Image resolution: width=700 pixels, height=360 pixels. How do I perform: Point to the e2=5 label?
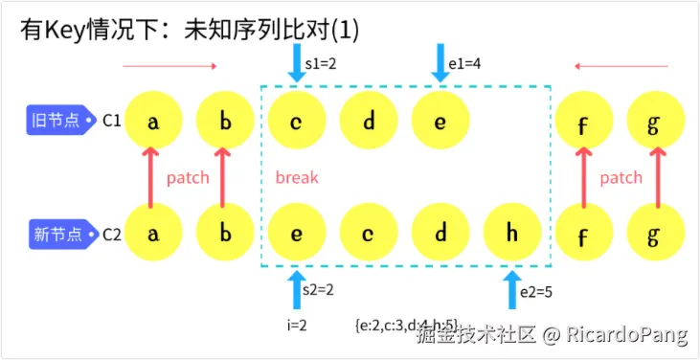coord(536,293)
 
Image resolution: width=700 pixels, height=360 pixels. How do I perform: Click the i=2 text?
coord(297,324)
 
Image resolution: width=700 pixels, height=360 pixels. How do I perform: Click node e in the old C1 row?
coord(440,122)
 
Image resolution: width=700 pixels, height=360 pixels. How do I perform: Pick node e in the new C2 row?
coord(297,234)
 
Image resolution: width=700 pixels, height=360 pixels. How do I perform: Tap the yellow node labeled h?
coord(512,234)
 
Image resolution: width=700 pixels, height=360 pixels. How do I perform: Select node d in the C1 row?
coord(369,122)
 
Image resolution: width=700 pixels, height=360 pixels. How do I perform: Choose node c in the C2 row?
coord(369,234)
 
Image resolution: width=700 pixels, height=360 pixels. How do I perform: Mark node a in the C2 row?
coord(152,234)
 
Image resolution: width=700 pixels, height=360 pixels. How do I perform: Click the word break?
coord(297,177)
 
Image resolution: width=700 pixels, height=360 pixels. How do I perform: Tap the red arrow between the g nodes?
coord(657,177)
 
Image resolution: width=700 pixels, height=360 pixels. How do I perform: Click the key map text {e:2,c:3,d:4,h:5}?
coord(407,324)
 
